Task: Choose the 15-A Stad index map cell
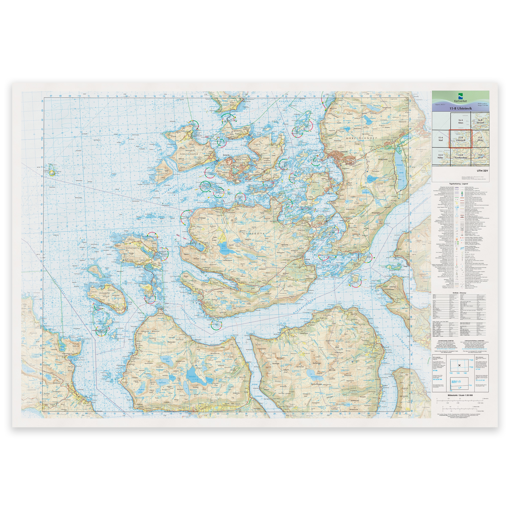click(x=441, y=139)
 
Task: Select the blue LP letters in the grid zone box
click(x=460, y=387)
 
